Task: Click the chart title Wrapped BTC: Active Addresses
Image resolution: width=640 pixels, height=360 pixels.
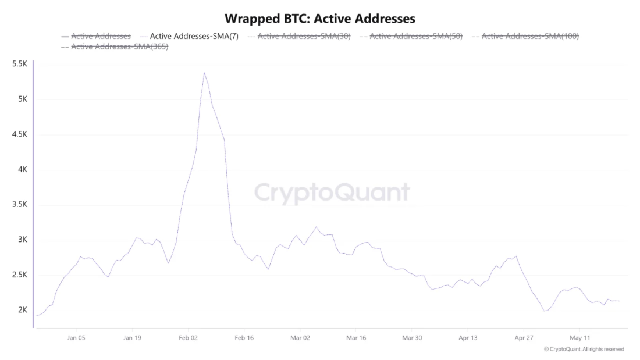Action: coord(320,19)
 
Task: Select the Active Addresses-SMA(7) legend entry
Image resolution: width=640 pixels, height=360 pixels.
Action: coord(190,36)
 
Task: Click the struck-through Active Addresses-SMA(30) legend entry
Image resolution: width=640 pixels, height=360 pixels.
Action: coord(299,36)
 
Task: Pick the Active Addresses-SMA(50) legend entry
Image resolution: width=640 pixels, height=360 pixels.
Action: coord(411,36)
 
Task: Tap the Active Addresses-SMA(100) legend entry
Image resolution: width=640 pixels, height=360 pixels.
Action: coord(525,36)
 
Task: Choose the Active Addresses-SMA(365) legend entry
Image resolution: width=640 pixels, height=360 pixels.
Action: coord(115,47)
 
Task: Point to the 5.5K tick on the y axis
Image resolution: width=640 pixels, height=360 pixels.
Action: coord(20,63)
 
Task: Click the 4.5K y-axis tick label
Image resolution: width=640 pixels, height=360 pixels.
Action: coord(20,134)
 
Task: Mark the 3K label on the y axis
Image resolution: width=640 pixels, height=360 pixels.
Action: coord(23,240)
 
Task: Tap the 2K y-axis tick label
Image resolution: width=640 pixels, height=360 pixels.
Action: coord(23,310)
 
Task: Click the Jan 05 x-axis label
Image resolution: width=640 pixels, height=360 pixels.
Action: coord(76,338)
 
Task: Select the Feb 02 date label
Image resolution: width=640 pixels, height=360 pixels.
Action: coord(188,338)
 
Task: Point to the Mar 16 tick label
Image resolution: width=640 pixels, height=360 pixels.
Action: coord(356,338)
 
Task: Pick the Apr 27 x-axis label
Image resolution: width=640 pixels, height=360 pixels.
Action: coord(524,338)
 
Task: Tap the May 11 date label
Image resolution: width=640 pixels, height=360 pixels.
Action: coord(580,338)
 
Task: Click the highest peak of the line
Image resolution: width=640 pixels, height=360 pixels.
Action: coord(204,73)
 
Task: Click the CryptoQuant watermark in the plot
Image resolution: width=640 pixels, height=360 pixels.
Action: coord(332,193)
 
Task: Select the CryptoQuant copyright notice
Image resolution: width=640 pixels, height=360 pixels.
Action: coord(584,350)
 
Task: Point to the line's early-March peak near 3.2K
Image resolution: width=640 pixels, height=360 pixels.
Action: coord(317,227)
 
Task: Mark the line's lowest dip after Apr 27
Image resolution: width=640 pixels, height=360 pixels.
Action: coord(545,311)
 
